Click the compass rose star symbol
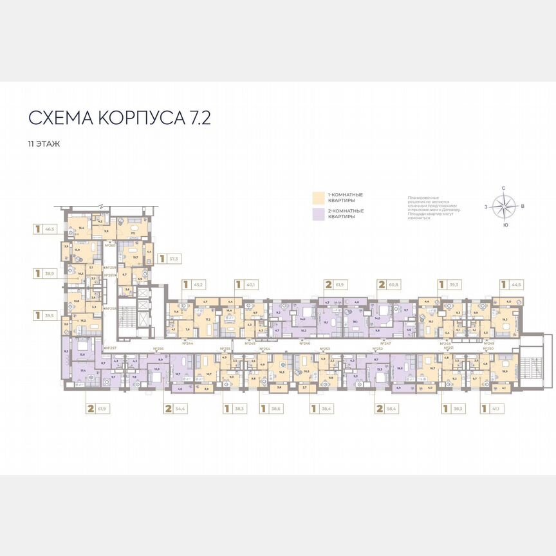[504, 207]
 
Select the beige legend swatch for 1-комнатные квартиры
[318, 197]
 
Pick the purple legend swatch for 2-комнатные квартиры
[318, 214]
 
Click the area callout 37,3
[169, 259]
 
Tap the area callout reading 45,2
[194, 284]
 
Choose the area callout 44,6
[512, 284]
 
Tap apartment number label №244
[188, 344]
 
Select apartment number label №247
[385, 344]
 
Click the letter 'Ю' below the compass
[505, 225]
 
